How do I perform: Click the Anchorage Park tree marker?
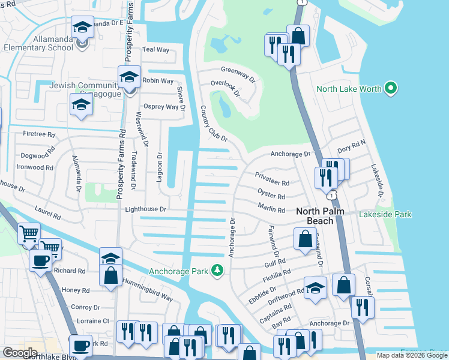[x=217, y=271]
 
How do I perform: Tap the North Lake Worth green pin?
[x=391, y=89]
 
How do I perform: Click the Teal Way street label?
[x=156, y=50]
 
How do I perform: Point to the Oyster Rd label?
[x=271, y=196]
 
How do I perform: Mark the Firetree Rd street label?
[x=38, y=134]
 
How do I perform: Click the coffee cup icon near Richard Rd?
[x=41, y=261]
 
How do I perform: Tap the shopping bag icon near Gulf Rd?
[x=305, y=239]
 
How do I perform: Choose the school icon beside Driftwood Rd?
[x=315, y=289]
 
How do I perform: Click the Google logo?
[x=20, y=352]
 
